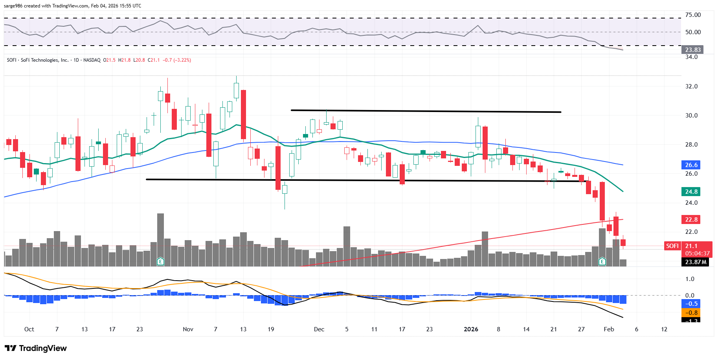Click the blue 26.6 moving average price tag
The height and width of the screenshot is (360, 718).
(x=691, y=165)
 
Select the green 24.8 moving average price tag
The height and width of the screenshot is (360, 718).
(x=691, y=192)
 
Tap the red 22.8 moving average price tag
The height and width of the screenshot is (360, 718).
(x=691, y=220)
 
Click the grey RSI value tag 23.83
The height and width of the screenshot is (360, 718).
(x=692, y=50)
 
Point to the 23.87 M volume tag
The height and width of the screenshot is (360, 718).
(x=695, y=262)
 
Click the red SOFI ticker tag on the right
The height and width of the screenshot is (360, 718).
(x=672, y=246)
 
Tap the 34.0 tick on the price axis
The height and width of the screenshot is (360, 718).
(x=691, y=57)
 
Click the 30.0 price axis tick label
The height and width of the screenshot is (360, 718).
(x=691, y=116)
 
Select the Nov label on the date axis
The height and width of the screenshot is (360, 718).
(x=188, y=329)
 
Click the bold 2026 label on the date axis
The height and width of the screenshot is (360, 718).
(x=471, y=329)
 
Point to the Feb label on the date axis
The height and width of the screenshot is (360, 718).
(x=608, y=329)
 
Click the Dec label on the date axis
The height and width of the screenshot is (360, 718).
(x=319, y=329)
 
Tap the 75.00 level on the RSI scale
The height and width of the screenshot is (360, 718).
(x=693, y=15)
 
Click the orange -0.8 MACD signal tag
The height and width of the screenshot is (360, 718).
(x=691, y=313)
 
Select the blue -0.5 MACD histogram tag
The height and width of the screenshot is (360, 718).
(x=691, y=304)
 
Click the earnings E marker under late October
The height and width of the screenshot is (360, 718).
(x=160, y=261)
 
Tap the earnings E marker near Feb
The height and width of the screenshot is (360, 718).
(x=602, y=261)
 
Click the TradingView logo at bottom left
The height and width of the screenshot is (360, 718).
(x=36, y=348)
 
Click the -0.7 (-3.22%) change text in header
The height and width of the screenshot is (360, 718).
(x=177, y=60)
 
